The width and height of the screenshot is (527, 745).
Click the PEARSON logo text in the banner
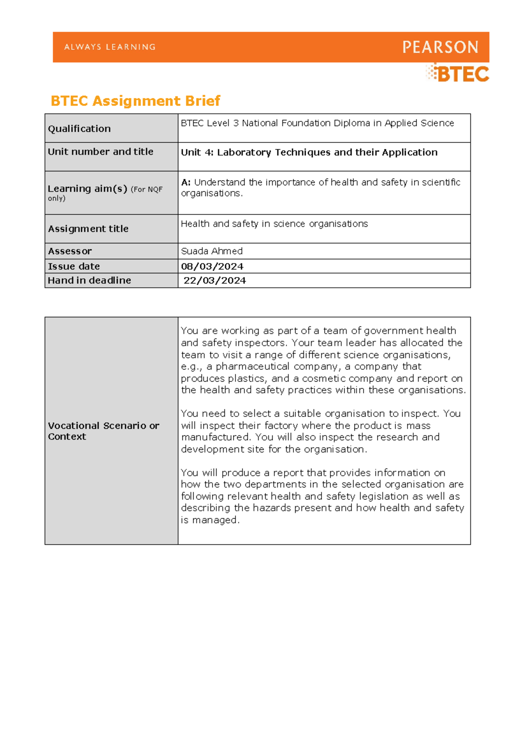(x=440, y=47)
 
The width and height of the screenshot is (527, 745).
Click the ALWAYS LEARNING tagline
(x=110, y=47)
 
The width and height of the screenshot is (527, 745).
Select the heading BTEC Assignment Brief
(x=135, y=101)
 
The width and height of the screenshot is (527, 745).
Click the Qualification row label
(x=79, y=129)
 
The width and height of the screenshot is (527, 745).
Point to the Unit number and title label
(x=100, y=152)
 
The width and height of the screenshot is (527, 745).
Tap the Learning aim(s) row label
(x=87, y=189)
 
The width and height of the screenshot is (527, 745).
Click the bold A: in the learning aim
(x=186, y=182)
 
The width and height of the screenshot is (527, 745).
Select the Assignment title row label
(x=88, y=229)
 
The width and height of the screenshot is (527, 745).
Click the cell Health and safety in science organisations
(x=274, y=224)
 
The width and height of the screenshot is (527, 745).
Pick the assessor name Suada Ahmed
(x=212, y=251)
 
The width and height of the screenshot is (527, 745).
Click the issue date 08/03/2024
(x=212, y=267)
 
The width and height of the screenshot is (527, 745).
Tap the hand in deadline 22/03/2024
(x=215, y=281)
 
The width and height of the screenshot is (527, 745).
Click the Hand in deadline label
(x=89, y=280)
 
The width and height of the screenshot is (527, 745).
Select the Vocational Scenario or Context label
(x=103, y=431)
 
